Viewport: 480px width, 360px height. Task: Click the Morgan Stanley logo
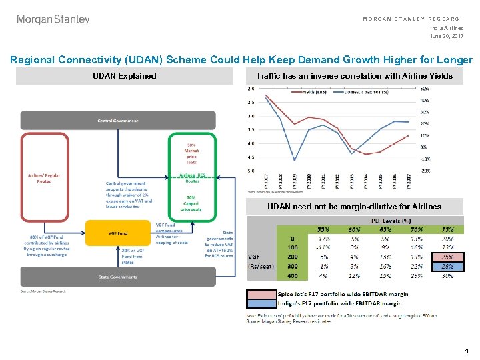[x=53, y=20]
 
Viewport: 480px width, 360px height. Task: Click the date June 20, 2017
[x=447, y=36]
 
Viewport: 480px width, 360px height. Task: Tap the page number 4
[x=467, y=350]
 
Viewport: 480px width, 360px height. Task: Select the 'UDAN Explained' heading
[x=124, y=76]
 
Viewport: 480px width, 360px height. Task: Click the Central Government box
[x=118, y=121]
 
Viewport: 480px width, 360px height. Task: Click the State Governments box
[x=118, y=277]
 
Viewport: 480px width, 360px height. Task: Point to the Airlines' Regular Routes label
[x=44, y=179]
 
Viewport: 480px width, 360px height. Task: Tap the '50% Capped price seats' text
[x=191, y=204]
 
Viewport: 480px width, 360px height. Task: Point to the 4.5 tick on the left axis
[x=251, y=157]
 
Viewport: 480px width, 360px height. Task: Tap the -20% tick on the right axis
[x=424, y=171]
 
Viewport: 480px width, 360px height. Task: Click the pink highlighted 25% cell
[x=447, y=257]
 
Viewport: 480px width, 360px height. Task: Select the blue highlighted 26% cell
[x=447, y=266]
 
